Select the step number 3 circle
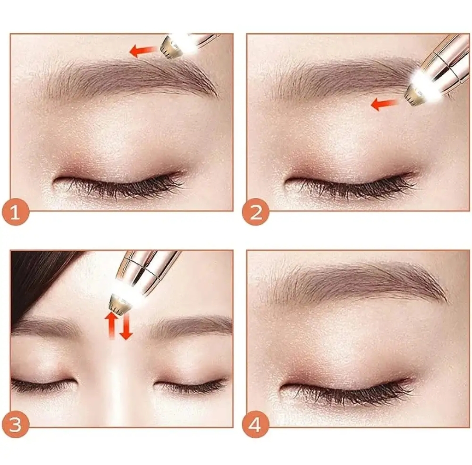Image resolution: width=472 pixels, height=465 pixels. tap(15, 424)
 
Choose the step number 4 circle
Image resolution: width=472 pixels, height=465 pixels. tap(256, 424)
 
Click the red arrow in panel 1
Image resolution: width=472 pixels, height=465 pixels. tap(143, 51)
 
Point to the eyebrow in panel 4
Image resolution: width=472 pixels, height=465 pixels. tap(355, 285)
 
